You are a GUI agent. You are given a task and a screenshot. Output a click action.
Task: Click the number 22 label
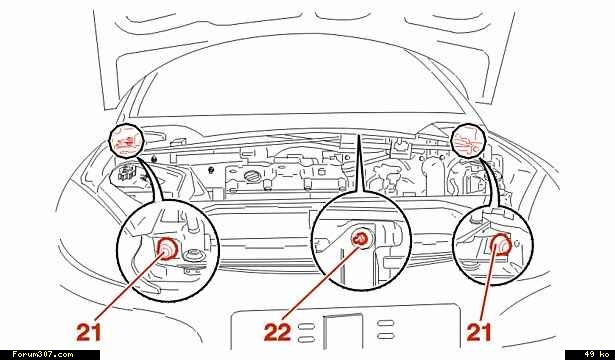point(277,333)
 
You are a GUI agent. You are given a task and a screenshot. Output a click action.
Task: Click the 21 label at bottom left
point(89,333)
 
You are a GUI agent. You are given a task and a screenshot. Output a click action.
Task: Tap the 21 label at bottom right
point(479,333)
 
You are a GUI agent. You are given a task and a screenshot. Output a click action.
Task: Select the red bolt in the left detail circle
point(168,249)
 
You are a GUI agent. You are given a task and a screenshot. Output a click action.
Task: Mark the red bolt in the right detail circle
point(500,245)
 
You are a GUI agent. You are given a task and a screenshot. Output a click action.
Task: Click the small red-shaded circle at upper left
point(126,141)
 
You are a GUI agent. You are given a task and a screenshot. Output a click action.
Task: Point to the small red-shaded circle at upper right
point(469,141)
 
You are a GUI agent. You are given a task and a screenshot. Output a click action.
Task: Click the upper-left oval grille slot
point(306,326)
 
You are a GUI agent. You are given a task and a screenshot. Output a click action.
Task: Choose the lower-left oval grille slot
point(306,339)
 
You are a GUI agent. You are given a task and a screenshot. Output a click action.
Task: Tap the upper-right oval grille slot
point(386,323)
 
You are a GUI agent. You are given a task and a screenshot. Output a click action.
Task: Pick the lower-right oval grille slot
point(386,336)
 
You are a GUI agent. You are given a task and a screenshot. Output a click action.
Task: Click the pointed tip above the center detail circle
point(357,135)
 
